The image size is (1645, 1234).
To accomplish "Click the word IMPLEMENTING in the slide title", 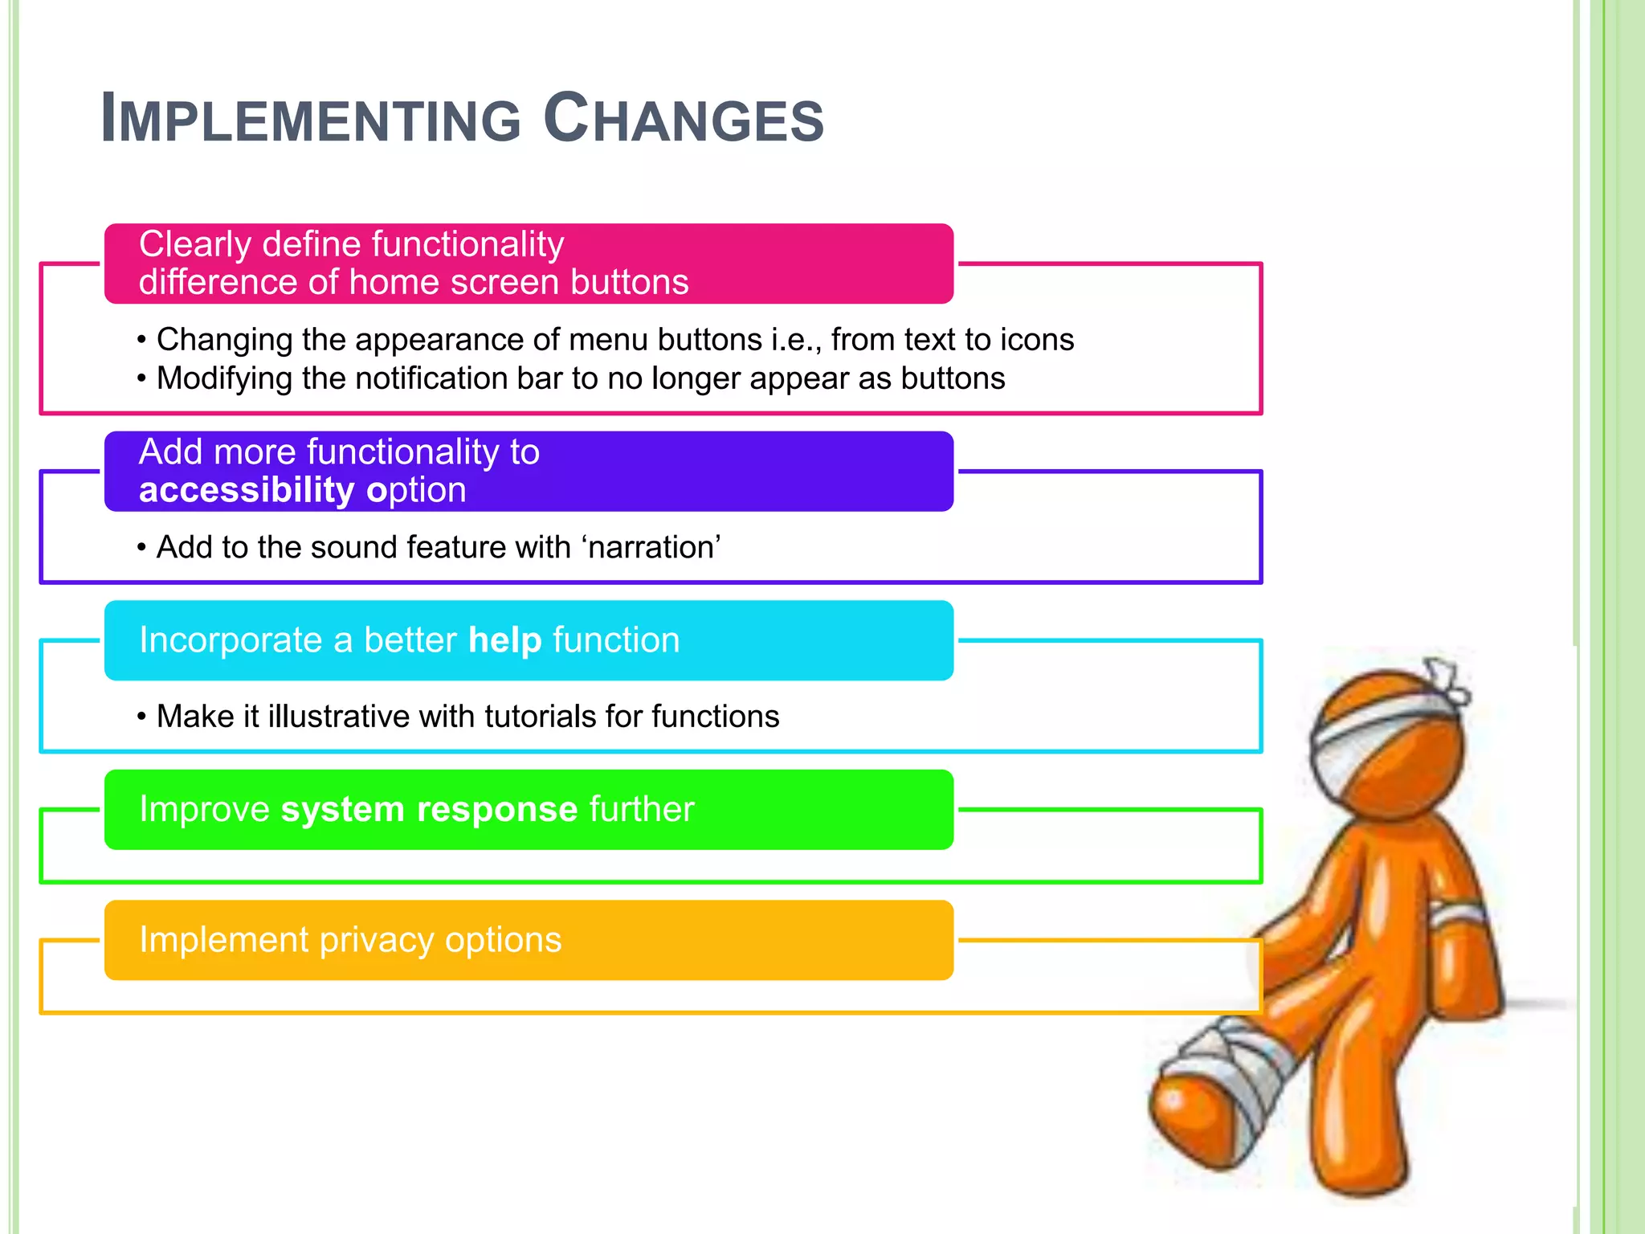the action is (312, 119).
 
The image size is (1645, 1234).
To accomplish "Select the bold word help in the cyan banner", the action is (505, 640).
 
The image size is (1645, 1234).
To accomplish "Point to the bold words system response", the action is (429, 809).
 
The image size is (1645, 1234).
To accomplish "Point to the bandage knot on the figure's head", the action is (1446, 679).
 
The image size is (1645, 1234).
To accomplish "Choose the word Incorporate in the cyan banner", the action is (231, 640).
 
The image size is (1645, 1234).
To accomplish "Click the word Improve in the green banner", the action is (205, 809).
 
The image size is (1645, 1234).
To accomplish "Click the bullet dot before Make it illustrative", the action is (141, 717).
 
